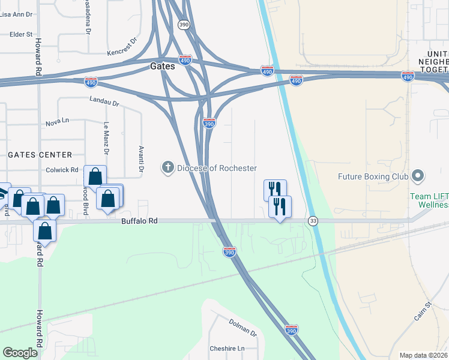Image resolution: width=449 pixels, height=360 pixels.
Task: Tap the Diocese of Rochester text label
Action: coord(217,168)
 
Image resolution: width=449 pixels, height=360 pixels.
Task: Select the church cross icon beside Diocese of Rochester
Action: coord(169,168)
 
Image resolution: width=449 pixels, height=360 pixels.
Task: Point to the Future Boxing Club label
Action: coord(373,176)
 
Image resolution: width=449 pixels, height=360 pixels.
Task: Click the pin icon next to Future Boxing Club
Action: coord(418,176)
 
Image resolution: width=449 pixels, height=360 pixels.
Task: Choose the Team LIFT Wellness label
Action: coord(429,200)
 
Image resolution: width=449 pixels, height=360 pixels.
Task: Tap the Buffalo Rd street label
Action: coord(139,221)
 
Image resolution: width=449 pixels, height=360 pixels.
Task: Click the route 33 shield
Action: coord(313,221)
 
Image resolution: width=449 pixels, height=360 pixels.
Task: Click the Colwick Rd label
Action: coord(62,170)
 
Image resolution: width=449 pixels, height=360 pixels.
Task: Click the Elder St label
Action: coord(21,35)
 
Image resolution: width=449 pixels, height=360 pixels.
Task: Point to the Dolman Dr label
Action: coord(243,327)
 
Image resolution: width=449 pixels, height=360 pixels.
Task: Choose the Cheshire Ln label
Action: coord(228,349)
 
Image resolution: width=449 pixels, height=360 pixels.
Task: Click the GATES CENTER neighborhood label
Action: coord(40,155)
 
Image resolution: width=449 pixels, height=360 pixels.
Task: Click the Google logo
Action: coord(20,353)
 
